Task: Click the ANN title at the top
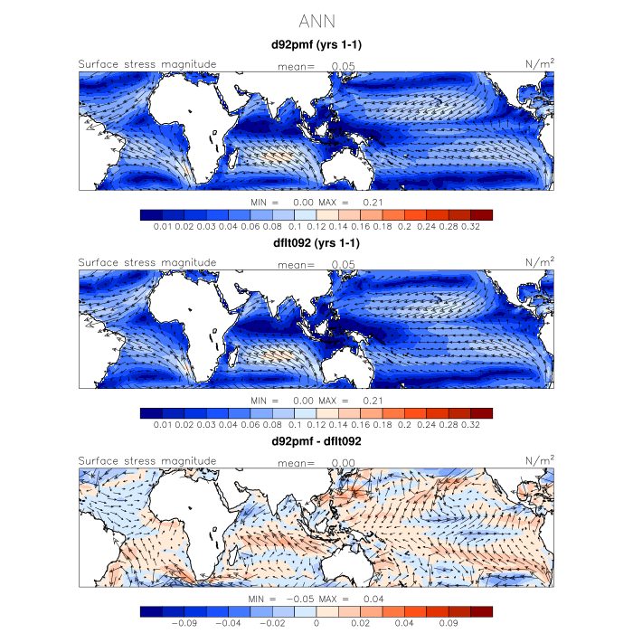(316, 19)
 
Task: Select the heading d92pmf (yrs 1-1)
(316, 44)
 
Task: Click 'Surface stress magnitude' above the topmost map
(147, 64)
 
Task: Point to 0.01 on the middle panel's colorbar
(164, 424)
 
